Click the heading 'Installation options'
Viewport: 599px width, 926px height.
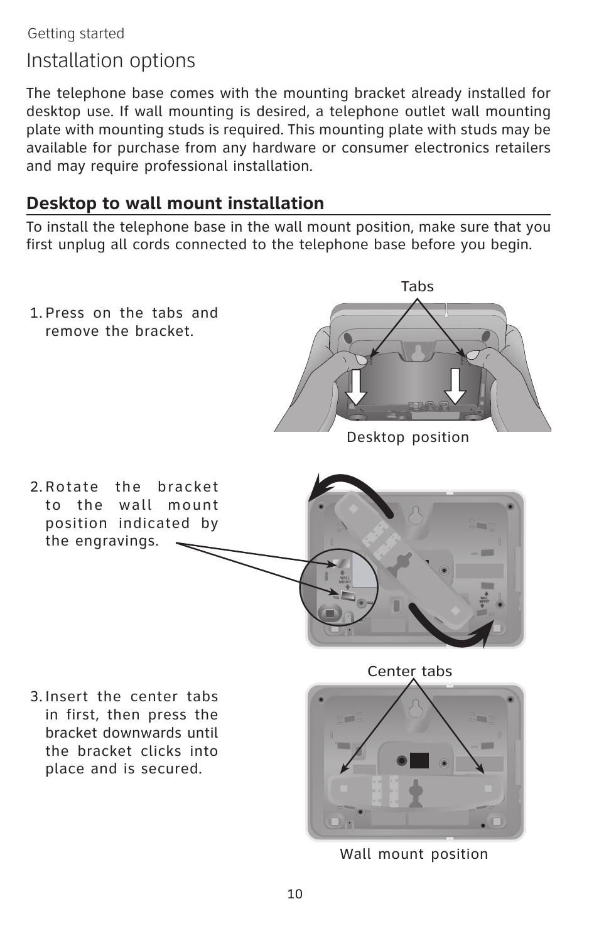coord(111,61)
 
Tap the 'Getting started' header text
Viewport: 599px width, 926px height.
coord(76,33)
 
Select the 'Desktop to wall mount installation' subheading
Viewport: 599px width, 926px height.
coord(175,203)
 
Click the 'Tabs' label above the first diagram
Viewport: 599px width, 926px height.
coord(418,286)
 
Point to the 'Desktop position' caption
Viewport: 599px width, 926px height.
coord(407,437)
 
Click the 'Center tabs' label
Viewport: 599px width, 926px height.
coord(409,671)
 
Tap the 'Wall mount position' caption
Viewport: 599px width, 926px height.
coord(414,854)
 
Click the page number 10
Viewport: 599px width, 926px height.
coord(295,894)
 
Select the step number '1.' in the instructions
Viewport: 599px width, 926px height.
coord(36,313)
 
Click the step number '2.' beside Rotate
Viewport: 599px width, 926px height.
coord(36,487)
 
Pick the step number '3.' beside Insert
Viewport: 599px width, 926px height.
coord(36,697)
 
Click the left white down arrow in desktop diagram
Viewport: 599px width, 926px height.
coord(356,387)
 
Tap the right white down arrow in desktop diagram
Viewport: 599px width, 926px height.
coord(455,387)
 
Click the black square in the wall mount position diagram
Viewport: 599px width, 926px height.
coord(419,760)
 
